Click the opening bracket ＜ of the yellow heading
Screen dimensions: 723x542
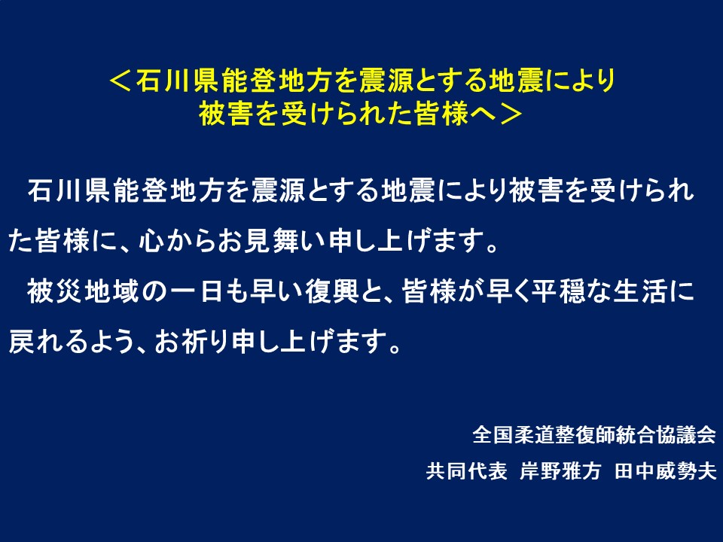click(x=120, y=81)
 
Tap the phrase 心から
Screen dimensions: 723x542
click(x=177, y=241)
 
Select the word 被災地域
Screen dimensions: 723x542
click(x=83, y=291)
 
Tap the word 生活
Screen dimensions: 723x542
click(x=641, y=291)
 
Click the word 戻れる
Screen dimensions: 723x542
click(x=48, y=342)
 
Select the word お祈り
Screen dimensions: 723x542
click(x=192, y=342)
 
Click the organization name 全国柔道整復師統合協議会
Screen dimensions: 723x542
click(x=594, y=434)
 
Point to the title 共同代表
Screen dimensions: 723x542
click(x=467, y=471)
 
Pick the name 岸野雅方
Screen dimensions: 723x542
click(x=560, y=471)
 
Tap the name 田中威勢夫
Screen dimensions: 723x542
click(x=665, y=471)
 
